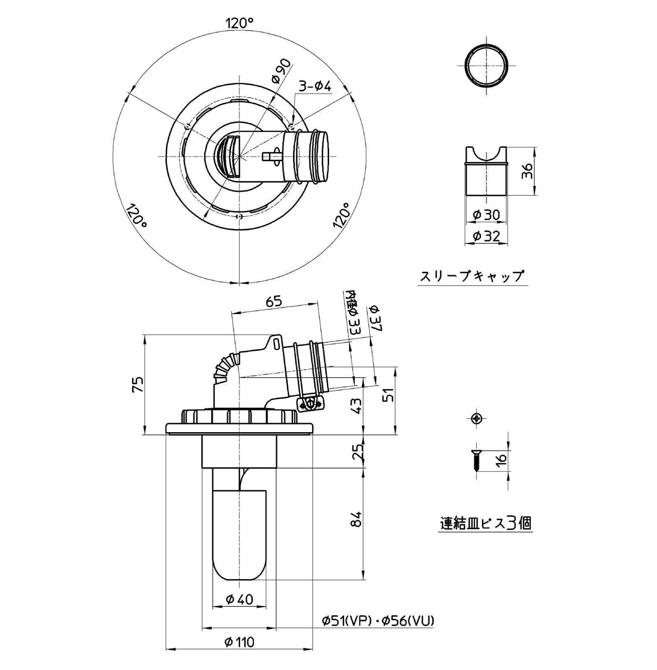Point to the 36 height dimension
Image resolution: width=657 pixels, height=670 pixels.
coord(527,171)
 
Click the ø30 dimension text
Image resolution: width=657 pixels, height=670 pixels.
coord(486,215)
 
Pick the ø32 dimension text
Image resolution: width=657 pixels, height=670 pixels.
coord(486,236)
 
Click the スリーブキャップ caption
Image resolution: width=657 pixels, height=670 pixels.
coord(472,276)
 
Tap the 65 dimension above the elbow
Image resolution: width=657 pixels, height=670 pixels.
coord(274,301)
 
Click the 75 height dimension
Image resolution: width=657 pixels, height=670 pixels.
coord(138,384)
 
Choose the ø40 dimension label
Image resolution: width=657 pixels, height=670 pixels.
coord(239,600)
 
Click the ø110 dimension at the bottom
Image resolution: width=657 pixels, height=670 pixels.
coord(239,642)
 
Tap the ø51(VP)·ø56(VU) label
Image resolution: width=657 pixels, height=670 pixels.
coord(378,621)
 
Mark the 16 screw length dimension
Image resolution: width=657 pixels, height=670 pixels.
coord(501,459)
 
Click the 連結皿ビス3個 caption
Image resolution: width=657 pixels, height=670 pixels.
coord(486,523)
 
